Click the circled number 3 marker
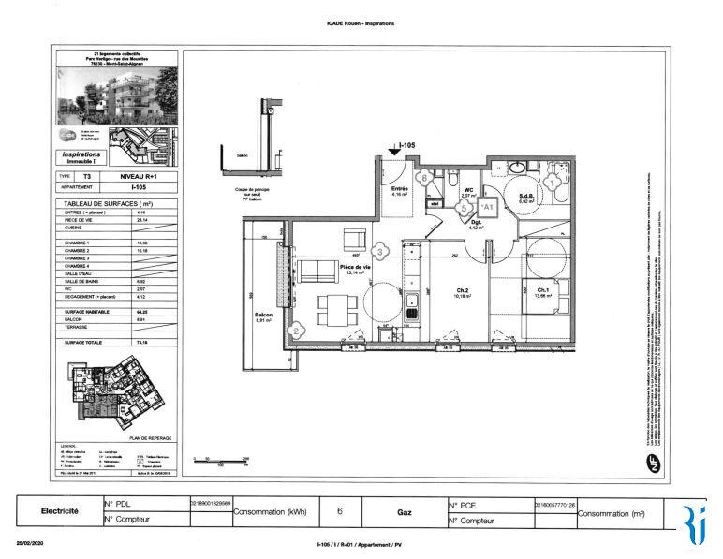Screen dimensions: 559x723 [x=379, y=251]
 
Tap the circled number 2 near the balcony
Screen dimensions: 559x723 [x=296, y=331]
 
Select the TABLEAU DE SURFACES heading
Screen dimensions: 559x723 [x=106, y=203]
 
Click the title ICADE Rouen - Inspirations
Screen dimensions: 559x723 [x=361, y=22]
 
